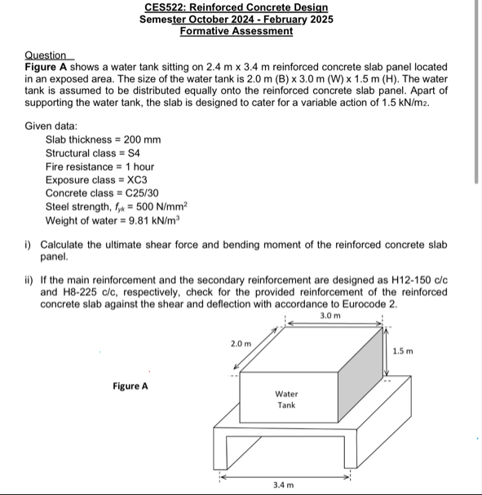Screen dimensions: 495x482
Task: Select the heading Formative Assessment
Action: pyautogui.click(x=236, y=31)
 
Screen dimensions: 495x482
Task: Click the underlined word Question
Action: pyautogui.click(x=45, y=55)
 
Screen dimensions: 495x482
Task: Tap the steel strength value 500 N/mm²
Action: pyautogui.click(x=158, y=206)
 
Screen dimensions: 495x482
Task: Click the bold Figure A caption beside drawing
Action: pyautogui.click(x=130, y=386)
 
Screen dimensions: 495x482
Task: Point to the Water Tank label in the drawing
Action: pyautogui.click(x=285, y=399)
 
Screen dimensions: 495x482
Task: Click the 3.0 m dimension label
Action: pyautogui.click(x=329, y=315)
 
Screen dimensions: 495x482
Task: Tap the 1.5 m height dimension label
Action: pyautogui.click(x=403, y=351)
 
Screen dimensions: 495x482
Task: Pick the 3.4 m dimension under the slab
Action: pyautogui.click(x=283, y=484)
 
